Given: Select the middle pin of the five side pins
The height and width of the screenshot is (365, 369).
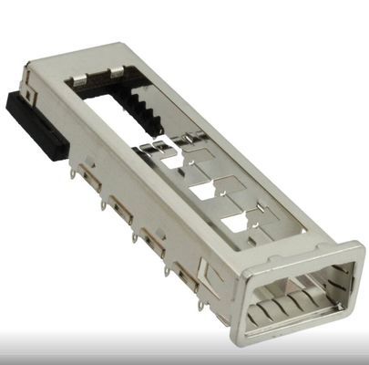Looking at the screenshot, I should (135, 239).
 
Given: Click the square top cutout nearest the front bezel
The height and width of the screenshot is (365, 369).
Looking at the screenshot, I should (234, 221).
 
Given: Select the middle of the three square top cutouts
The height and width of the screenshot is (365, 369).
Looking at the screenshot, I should (207, 194).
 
